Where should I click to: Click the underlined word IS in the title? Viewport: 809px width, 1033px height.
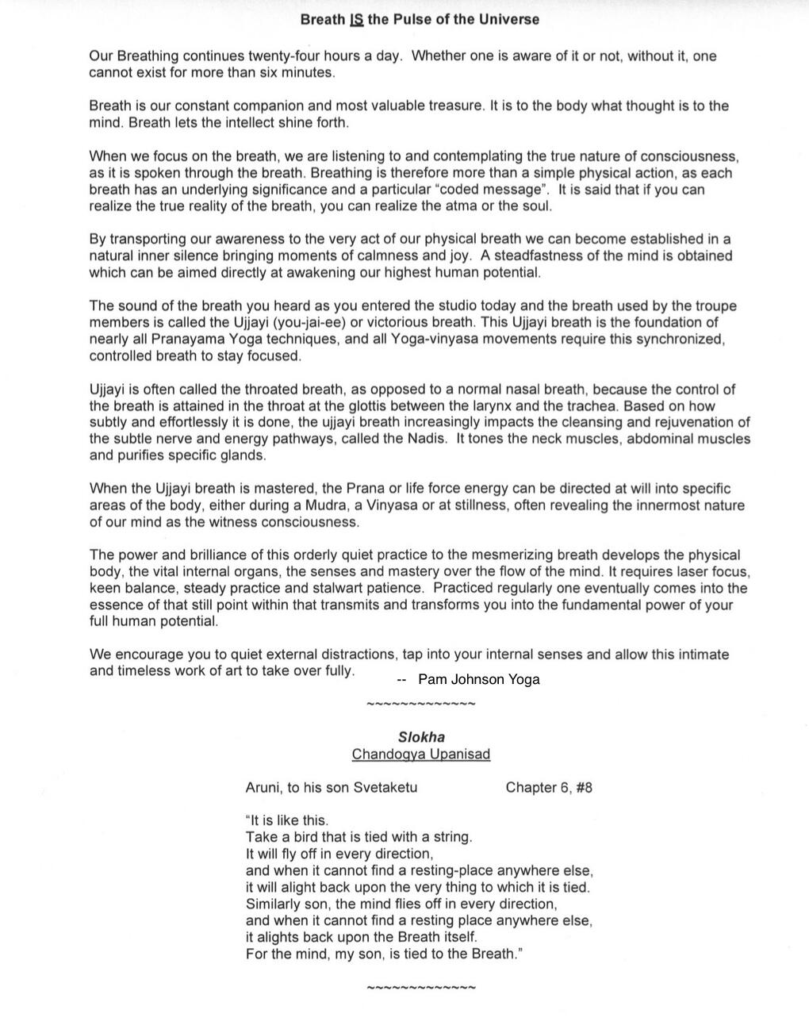pos(355,19)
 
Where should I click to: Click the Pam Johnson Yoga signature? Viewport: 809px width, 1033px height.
pos(478,679)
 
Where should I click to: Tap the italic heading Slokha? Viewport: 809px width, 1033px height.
pos(421,737)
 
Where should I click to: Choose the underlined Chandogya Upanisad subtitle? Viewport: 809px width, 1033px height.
pos(421,754)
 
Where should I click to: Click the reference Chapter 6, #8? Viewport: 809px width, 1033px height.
pos(549,787)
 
